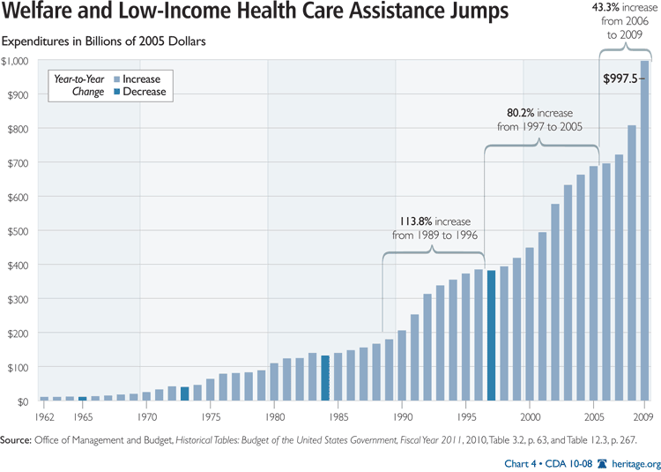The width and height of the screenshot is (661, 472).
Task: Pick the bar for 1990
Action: [x=402, y=366]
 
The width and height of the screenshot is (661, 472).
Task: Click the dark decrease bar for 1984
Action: [x=325, y=378]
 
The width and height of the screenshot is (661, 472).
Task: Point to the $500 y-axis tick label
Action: [x=17, y=231]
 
